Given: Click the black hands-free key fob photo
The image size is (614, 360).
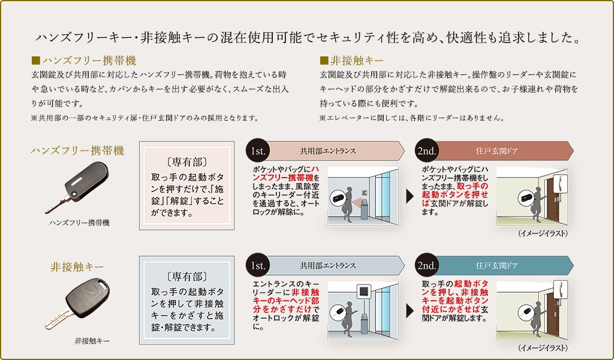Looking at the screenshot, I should [77, 185].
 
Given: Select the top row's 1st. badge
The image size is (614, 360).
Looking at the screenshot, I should [258, 151].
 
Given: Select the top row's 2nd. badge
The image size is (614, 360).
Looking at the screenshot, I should [428, 151].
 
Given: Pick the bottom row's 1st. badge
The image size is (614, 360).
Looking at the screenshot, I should [258, 265].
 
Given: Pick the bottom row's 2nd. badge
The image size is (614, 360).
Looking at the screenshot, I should [428, 265].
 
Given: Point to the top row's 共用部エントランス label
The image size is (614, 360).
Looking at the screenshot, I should [327, 151].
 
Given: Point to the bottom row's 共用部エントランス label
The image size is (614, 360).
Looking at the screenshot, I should [327, 265].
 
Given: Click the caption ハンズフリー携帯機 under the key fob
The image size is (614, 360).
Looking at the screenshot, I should [79, 223].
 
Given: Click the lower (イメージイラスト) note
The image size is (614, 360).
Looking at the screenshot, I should [543, 347].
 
